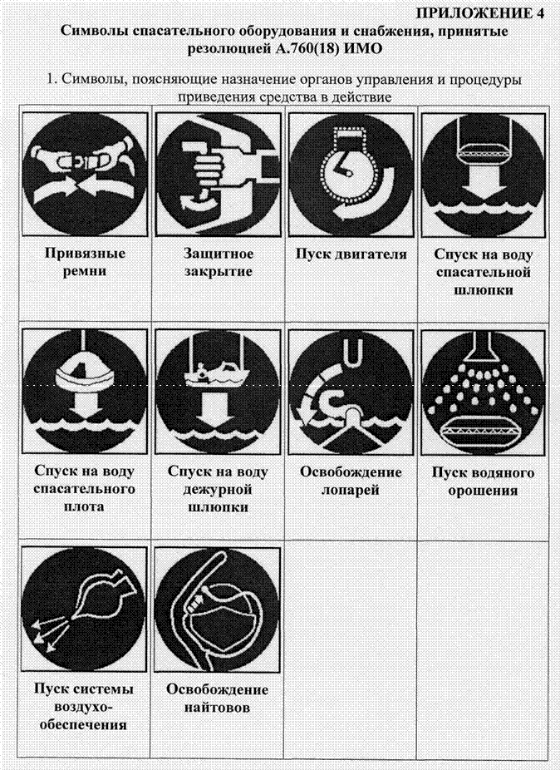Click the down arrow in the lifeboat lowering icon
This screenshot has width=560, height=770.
[x=484, y=183]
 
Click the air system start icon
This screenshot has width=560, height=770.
[x=85, y=609]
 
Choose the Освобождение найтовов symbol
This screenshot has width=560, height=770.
[x=218, y=609]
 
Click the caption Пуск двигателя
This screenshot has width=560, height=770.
[x=351, y=254]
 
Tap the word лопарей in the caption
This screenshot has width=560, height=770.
[x=350, y=490]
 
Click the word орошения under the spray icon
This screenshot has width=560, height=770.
[x=484, y=491]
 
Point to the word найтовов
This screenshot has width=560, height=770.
[x=218, y=708]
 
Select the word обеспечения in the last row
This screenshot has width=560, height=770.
[x=83, y=724]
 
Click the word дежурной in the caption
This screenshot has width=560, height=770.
[x=218, y=490]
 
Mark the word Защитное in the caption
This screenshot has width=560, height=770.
[x=219, y=254]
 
